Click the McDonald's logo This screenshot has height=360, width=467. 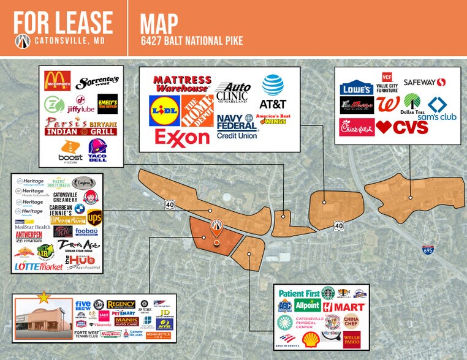tap(58, 81)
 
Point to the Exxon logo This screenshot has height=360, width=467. tap(182, 137)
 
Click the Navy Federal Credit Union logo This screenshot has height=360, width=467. tap(236, 126)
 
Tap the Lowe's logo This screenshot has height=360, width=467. tap(357, 88)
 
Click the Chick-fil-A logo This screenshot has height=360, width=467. tap(357, 127)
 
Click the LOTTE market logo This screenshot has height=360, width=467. tap(39, 267)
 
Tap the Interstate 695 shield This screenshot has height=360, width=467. tap(428, 250)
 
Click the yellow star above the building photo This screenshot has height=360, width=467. tap(43, 298)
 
